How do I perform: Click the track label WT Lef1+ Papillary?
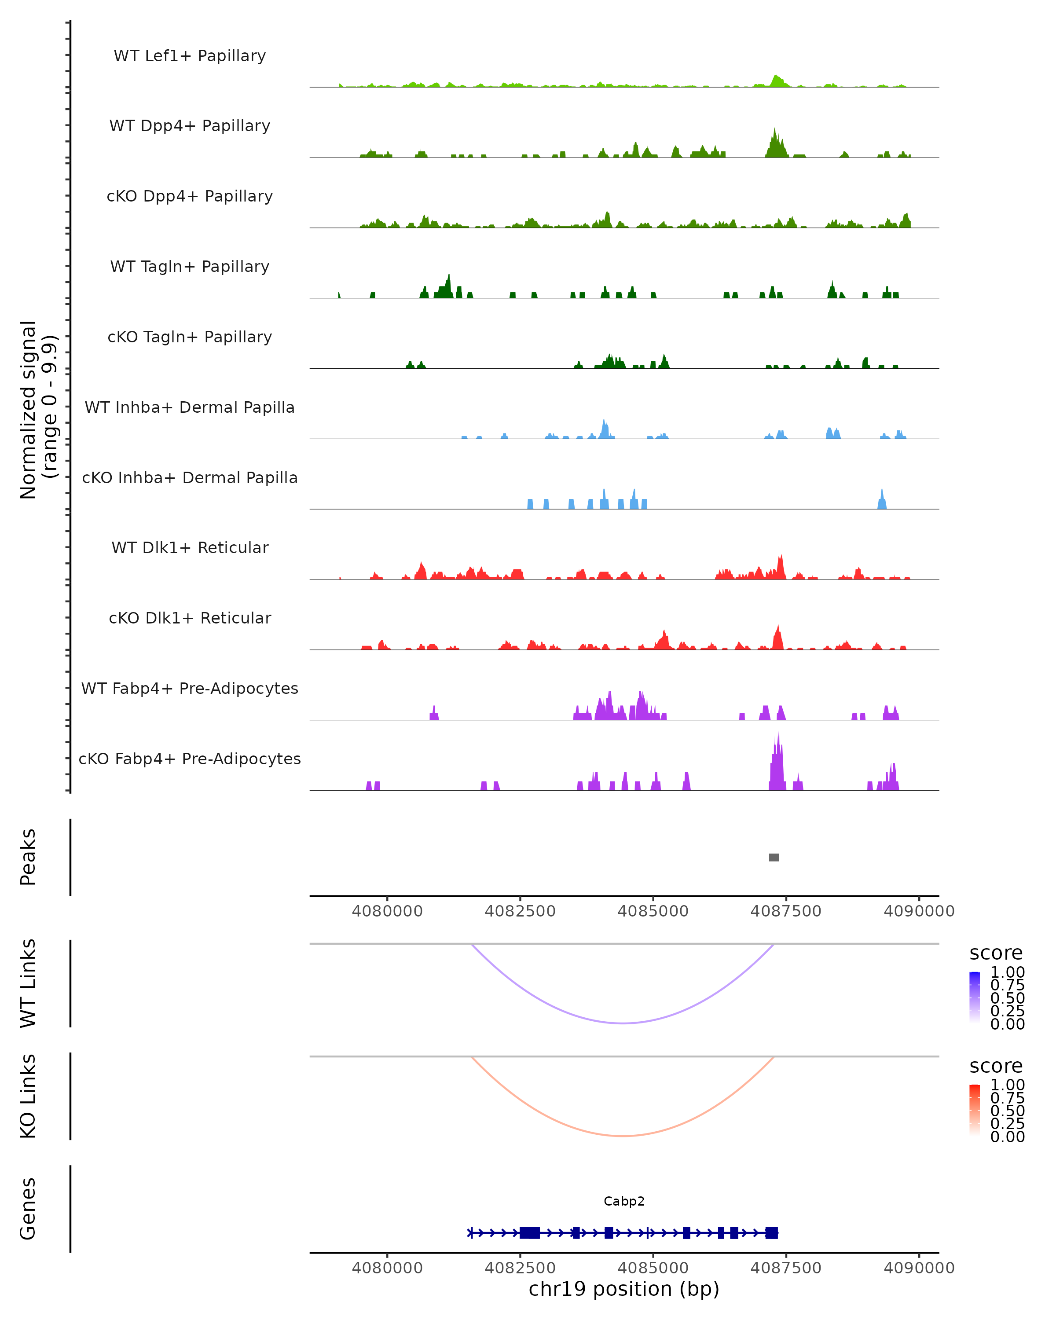tap(190, 56)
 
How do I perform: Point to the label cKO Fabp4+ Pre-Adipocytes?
tap(190, 759)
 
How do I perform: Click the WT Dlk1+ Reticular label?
tap(190, 547)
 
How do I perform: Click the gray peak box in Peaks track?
tap(774, 857)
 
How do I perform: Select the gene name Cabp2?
tap(624, 1201)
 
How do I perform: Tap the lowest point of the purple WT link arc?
tap(623, 1023)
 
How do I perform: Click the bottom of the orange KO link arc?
tap(623, 1136)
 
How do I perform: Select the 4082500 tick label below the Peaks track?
tap(520, 911)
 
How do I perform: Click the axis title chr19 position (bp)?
tap(624, 1289)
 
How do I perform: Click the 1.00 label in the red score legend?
tap(1007, 1085)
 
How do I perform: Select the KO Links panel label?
tap(28, 1096)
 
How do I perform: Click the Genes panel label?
tap(28, 1209)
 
